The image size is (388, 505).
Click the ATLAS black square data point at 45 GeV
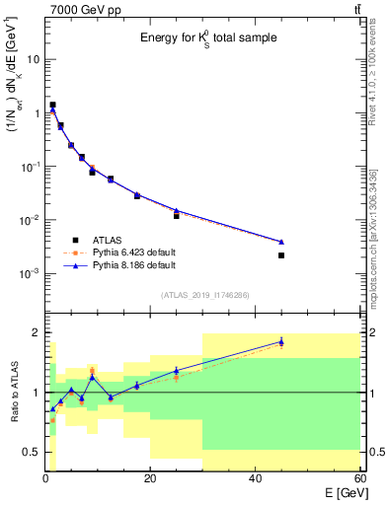point(281,255)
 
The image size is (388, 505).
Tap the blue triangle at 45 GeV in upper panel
point(281,242)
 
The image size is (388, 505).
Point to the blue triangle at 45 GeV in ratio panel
point(281,341)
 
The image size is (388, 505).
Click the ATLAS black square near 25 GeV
point(177,215)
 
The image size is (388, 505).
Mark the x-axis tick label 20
point(150,480)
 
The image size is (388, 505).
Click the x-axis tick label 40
point(256,480)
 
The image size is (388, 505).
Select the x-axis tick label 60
point(359,480)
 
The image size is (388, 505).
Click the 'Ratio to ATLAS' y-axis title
point(12,393)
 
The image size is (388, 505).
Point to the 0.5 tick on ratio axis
point(32,453)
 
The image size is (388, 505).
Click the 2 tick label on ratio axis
point(37,332)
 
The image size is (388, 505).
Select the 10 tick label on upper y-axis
point(32,59)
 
